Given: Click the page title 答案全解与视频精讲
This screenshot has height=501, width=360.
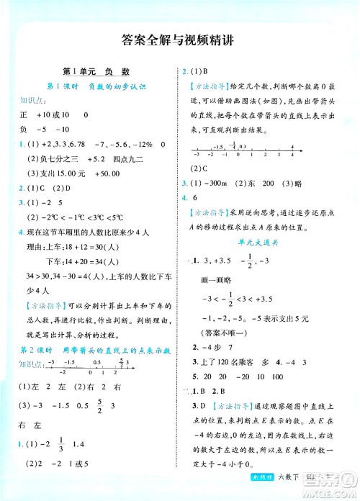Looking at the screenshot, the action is point(180,41).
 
